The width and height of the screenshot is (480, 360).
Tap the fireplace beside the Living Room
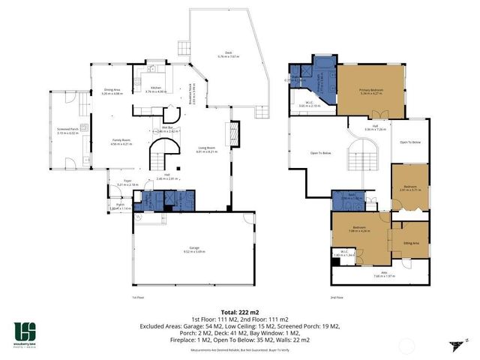tap(232, 136)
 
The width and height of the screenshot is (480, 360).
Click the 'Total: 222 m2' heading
tap(239, 310)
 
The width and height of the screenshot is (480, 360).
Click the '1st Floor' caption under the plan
tap(137, 297)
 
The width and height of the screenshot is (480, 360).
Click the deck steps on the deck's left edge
tap(181, 46)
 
